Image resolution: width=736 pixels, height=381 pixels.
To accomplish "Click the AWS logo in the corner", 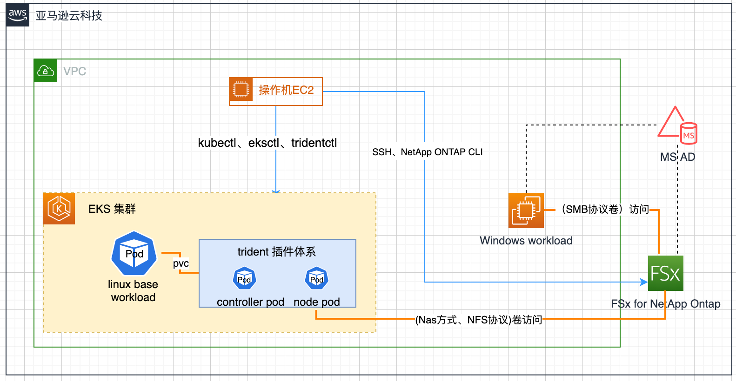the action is [x=17, y=15].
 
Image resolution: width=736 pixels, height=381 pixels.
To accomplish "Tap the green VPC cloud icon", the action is [x=45, y=71].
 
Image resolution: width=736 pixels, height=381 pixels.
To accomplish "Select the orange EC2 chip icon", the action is [x=241, y=89].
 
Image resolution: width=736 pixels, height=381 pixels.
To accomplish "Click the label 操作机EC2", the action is [x=286, y=90].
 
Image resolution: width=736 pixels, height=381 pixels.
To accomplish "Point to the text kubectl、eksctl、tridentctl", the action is [x=267, y=143].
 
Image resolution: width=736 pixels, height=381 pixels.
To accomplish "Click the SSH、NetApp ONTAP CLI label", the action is [x=427, y=152].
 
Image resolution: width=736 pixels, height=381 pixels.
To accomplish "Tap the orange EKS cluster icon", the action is [x=59, y=209].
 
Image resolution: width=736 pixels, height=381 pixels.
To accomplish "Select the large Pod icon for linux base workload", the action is [x=134, y=253].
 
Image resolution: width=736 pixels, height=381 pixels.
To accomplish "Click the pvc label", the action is [x=181, y=263].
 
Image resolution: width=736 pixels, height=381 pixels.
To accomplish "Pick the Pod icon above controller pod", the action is [x=244, y=278].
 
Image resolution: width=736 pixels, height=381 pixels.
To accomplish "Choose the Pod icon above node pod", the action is [x=317, y=278].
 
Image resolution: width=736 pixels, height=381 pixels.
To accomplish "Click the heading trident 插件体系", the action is [x=277, y=252].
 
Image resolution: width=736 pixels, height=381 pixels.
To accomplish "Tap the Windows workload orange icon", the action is [x=526, y=210].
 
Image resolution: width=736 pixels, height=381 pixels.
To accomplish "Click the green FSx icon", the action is [x=666, y=273].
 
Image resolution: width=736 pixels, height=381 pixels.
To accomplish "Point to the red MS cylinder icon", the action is [x=689, y=133].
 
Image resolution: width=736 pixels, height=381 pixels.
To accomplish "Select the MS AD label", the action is [x=678, y=157].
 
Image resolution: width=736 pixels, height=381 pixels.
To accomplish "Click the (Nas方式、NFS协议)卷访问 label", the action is [x=479, y=320].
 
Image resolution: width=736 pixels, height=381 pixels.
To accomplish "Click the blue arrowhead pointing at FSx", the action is [x=644, y=282].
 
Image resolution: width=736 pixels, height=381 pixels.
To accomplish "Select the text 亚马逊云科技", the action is [x=69, y=15].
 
